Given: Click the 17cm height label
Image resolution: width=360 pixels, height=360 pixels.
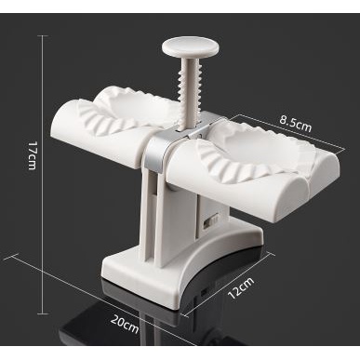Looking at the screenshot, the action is coord(33,155).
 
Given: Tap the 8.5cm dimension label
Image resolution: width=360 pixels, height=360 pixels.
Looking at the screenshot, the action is coord(296,124).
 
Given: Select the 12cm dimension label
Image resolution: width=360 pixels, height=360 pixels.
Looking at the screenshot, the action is coord(241,287).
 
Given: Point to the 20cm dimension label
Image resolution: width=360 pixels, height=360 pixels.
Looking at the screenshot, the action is coord(125,324).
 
